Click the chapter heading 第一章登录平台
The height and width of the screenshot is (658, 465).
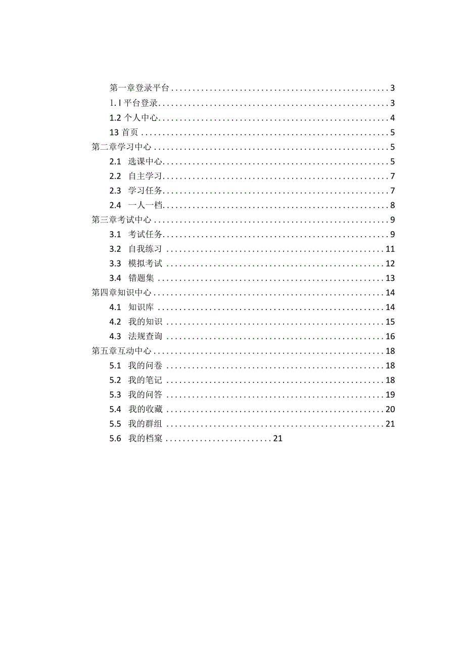(x=139, y=89)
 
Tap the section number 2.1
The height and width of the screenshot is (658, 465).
(x=115, y=162)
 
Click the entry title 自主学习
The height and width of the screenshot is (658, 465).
(x=145, y=177)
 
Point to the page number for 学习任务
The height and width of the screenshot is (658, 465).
(x=392, y=191)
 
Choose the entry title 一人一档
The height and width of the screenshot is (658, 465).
(x=145, y=205)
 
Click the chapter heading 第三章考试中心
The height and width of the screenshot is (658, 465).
(x=121, y=220)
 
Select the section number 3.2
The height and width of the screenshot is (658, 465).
(x=115, y=249)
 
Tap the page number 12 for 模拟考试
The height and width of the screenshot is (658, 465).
(x=390, y=264)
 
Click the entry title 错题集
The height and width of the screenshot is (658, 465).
(x=141, y=278)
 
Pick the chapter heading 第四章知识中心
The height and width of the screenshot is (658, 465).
(x=121, y=293)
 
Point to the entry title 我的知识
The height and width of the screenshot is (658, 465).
(x=145, y=322)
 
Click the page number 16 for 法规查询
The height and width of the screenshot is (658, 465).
(x=390, y=336)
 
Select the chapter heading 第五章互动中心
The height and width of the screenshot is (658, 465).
(x=121, y=351)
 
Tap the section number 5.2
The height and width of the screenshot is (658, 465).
(x=115, y=380)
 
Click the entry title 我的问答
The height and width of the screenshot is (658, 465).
(x=145, y=395)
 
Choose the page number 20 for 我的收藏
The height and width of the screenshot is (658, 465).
(x=390, y=409)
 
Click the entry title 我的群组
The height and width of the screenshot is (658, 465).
(x=145, y=424)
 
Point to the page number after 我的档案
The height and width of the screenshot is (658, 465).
(x=277, y=438)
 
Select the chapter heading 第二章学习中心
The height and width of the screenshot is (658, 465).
(x=121, y=147)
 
